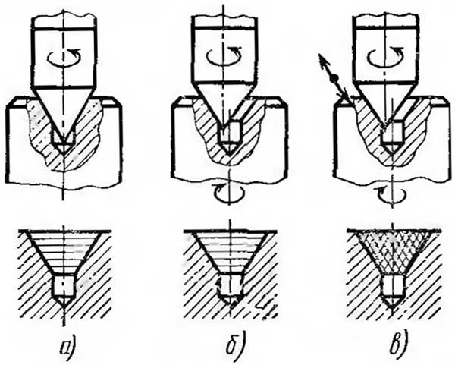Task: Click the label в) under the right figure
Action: tap(400, 345)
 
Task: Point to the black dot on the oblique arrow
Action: tap(335, 77)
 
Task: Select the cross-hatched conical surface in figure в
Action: tap(393, 253)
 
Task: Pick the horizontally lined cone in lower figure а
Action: tap(65, 252)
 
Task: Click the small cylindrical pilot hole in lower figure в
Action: tap(392, 285)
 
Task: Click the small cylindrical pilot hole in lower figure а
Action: tap(64, 285)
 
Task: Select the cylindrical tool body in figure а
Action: tap(64, 58)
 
